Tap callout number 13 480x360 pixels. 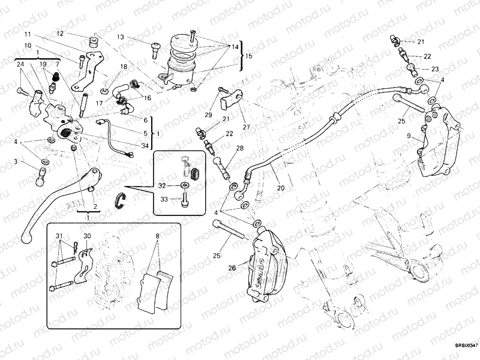[x=121, y=37]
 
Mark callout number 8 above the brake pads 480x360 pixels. [x=157, y=236]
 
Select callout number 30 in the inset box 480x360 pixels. [x=87, y=235]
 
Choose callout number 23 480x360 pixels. [x=435, y=68]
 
